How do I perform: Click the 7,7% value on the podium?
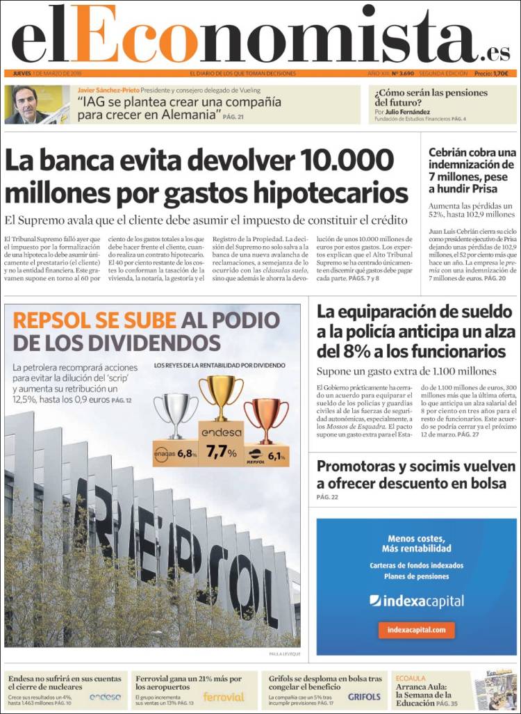(221, 452)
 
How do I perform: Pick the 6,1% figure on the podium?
(276, 456)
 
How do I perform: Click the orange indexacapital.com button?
(416, 630)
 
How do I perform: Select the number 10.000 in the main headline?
(352, 161)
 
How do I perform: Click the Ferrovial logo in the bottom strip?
(224, 697)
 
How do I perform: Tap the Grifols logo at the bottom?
(364, 697)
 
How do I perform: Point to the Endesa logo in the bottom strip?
(105, 697)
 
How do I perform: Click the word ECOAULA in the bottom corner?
(411, 678)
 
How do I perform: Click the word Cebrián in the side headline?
(454, 152)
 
